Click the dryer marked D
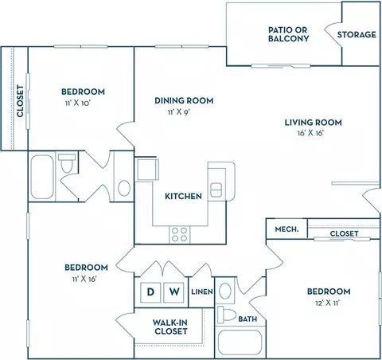(150, 292)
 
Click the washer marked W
(173, 292)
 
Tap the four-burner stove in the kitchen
(180, 235)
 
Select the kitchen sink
(216, 190)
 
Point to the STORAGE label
(357, 34)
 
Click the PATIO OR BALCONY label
(288, 34)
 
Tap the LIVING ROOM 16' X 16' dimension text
(310, 133)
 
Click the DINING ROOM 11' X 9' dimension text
(179, 112)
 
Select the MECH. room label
(286, 229)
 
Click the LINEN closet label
(202, 292)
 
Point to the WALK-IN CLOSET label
(170, 327)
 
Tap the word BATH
(248, 319)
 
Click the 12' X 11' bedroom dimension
(328, 303)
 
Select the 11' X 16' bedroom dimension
(84, 279)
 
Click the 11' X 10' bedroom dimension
(78, 103)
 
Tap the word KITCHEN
(183, 196)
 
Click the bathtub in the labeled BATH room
(240, 342)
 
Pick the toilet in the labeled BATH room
(227, 315)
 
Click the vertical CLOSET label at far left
(20, 101)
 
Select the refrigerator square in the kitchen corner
(147, 170)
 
